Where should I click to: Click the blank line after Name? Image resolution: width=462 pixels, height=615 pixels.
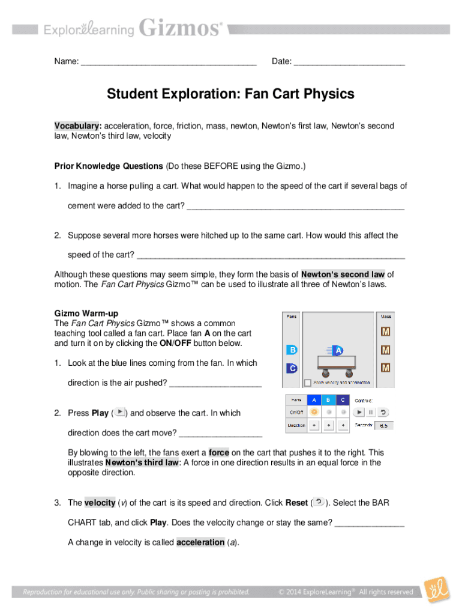[169, 62]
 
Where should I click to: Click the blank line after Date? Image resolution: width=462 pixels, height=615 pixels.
[350, 62]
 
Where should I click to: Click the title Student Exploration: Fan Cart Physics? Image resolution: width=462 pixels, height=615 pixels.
[230, 94]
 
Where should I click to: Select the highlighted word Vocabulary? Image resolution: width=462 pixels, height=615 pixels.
[78, 126]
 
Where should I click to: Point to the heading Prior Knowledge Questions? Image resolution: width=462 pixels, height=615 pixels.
[109, 166]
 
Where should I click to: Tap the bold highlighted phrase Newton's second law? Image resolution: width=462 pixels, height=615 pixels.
[343, 274]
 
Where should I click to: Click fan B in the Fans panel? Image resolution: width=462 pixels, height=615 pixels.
[292, 350]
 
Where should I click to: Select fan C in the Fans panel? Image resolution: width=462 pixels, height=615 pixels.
[292, 368]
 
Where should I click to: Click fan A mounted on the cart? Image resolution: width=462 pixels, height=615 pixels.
[338, 351]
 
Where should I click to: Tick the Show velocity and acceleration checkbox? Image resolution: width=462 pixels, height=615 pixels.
[307, 383]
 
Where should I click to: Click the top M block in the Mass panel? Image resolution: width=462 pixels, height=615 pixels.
[385, 332]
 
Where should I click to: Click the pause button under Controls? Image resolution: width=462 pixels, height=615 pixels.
[371, 412]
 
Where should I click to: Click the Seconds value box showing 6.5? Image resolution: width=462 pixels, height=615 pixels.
[383, 425]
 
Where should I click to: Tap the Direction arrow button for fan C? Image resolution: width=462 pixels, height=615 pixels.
[343, 425]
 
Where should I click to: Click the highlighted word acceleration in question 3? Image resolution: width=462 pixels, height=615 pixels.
[200, 542]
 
